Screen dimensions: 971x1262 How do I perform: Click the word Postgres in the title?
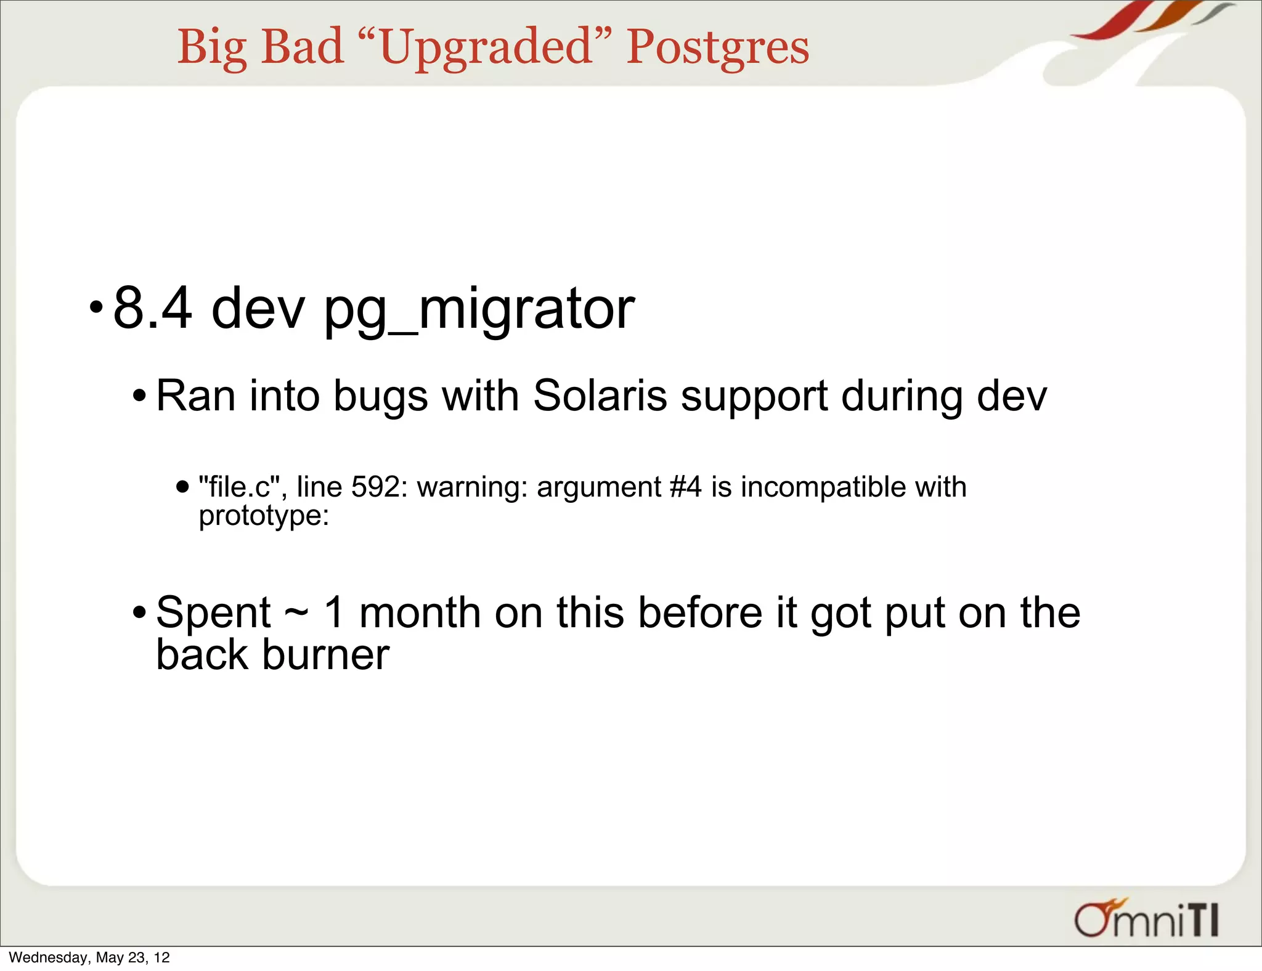click(717, 47)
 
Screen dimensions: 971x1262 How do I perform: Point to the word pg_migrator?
click(479, 310)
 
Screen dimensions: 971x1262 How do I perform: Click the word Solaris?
click(600, 396)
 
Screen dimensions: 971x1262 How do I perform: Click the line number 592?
click(375, 487)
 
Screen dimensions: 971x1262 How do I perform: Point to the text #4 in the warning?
click(685, 487)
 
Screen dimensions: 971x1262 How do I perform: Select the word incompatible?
click(823, 488)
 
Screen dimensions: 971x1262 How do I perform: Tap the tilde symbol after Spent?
click(296, 613)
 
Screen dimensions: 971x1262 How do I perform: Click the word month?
click(420, 612)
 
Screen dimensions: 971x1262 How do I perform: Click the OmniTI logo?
click(1146, 919)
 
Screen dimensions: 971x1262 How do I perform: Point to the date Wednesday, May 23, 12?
click(89, 957)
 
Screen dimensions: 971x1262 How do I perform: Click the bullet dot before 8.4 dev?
click(96, 306)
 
